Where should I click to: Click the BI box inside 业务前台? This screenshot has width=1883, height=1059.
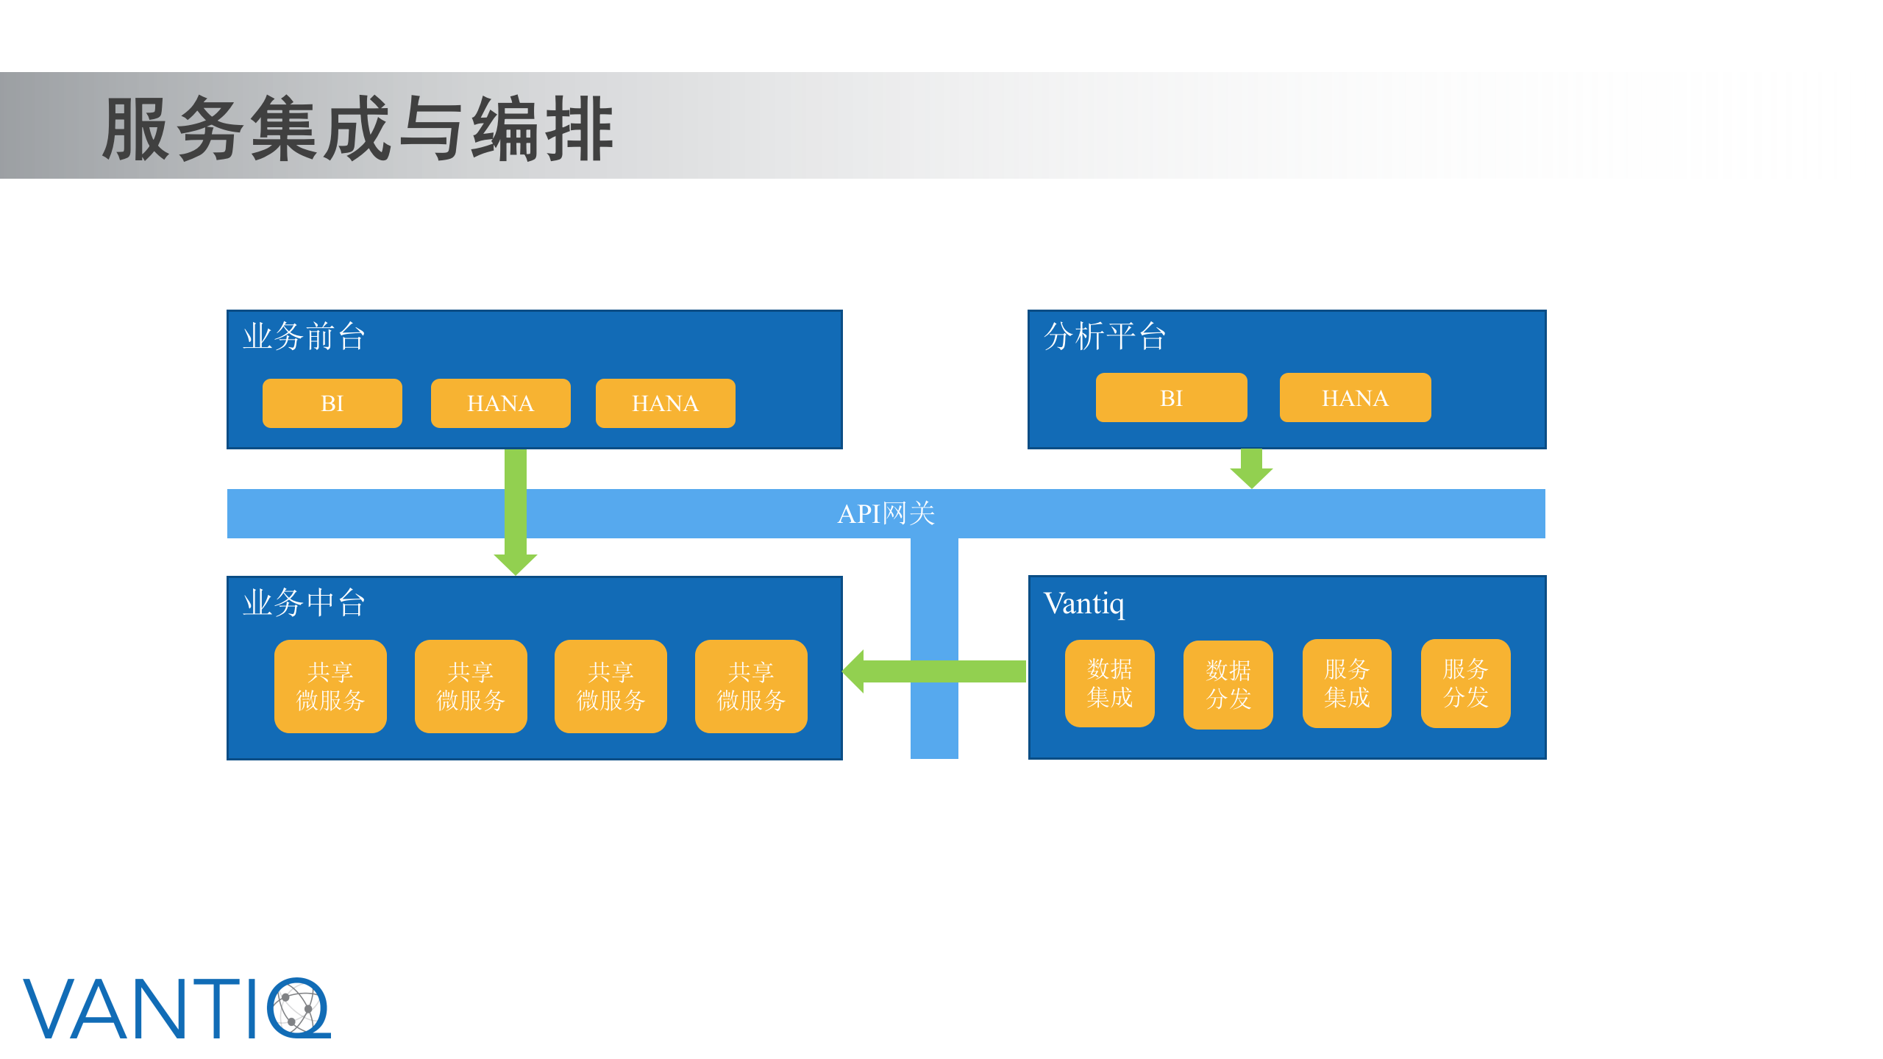[332, 403]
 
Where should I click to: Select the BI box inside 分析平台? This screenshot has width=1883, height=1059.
[1171, 398]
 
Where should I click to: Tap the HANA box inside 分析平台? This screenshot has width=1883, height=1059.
[1355, 398]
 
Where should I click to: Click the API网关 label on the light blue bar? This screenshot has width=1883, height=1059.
[886, 513]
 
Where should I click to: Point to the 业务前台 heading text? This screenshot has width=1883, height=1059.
[304, 336]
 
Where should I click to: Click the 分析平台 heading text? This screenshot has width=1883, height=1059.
[1104, 336]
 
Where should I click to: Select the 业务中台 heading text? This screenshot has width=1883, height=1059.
[304, 602]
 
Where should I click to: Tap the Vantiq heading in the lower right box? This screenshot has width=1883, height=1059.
[1083, 603]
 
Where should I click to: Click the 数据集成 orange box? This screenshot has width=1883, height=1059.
[1109, 683]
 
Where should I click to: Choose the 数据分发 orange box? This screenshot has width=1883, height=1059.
[1228, 684]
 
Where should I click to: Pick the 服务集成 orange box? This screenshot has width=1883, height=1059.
[1346, 683]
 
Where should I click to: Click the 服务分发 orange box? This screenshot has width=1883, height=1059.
[1465, 683]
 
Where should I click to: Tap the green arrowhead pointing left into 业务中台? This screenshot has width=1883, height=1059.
[855, 671]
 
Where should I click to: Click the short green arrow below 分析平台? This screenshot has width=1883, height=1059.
[1251, 468]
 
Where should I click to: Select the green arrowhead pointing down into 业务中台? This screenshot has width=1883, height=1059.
[515, 563]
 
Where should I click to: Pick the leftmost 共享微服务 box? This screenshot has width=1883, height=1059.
[330, 685]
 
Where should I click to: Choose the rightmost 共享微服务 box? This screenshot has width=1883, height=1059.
[751, 685]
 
